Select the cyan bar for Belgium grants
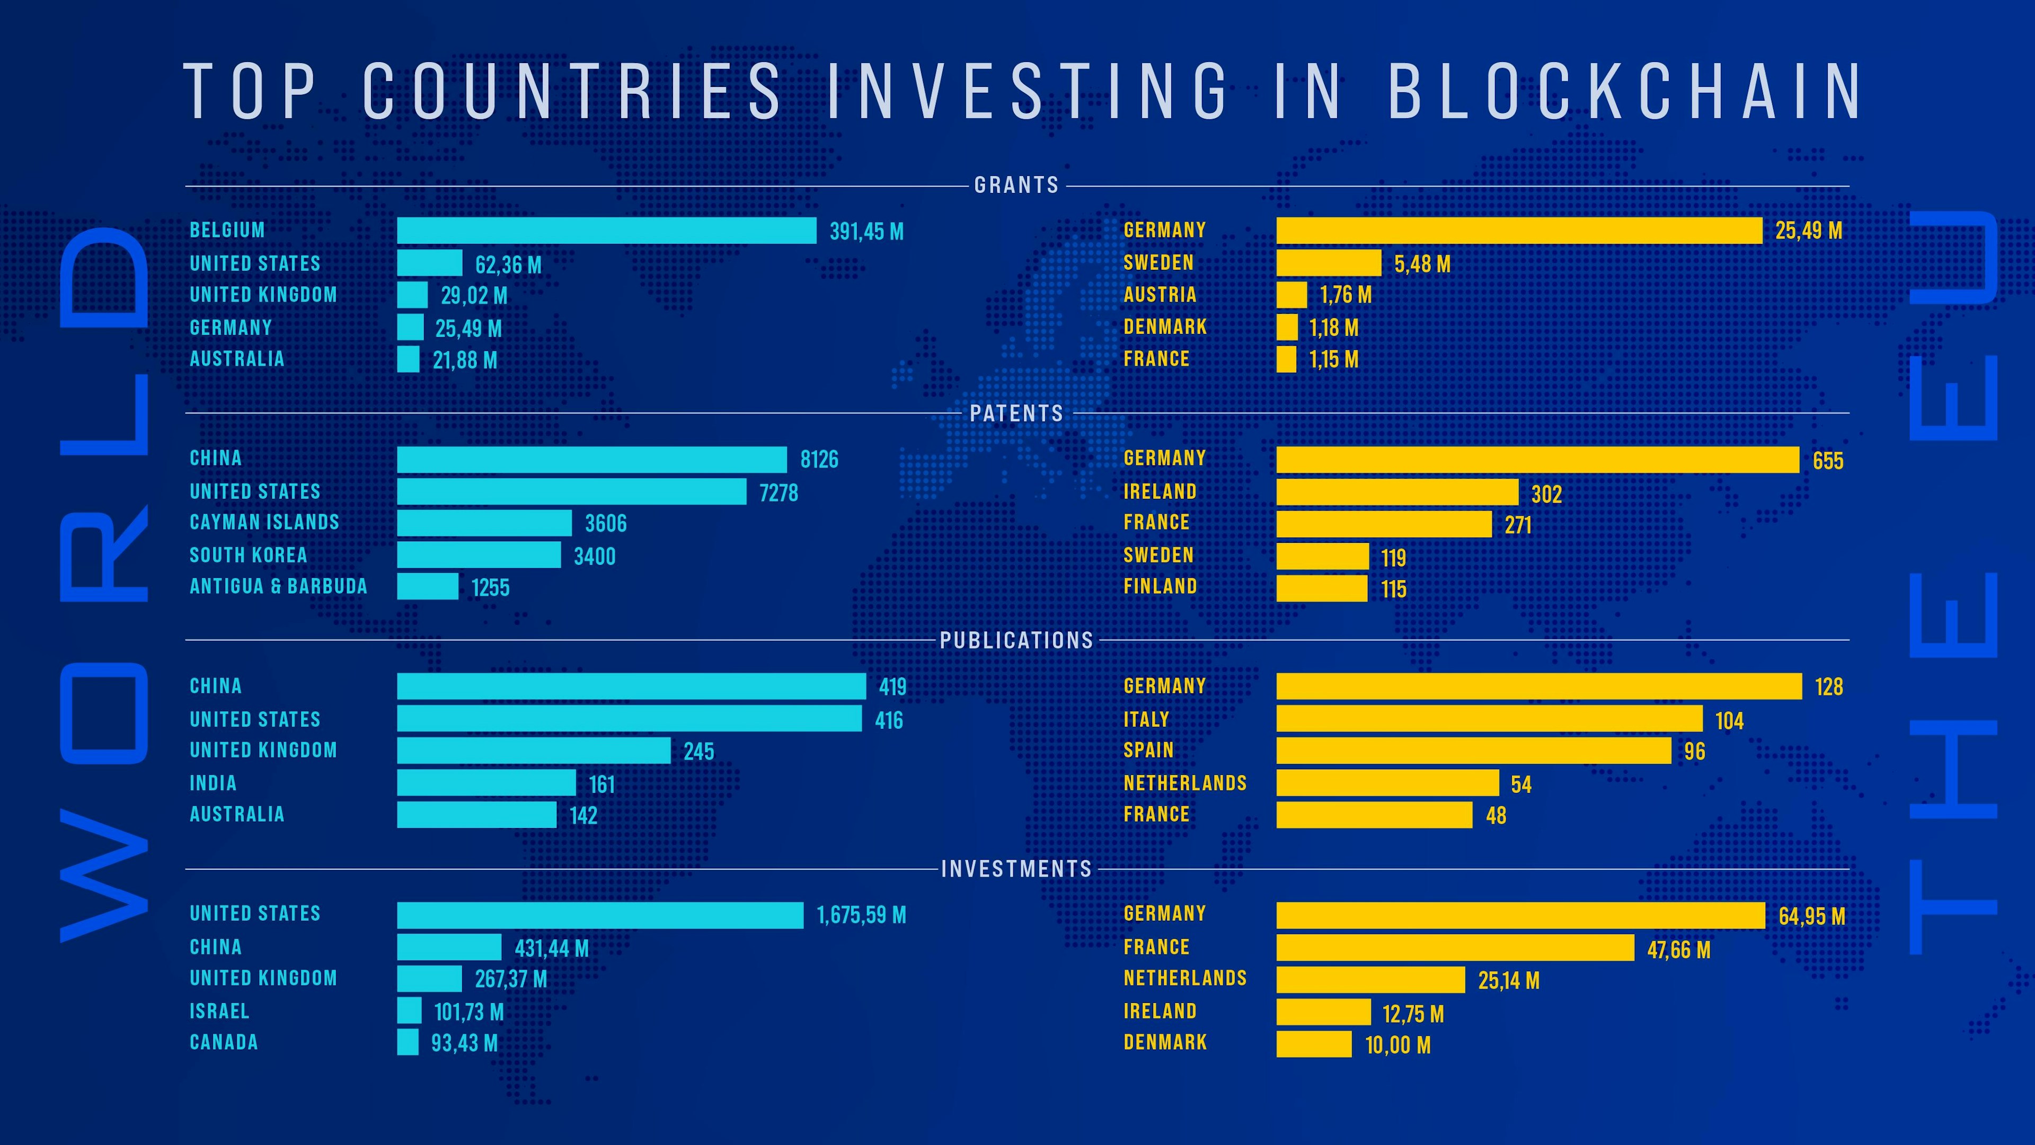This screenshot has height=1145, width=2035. coord(606,231)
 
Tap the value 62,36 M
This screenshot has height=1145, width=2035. coord(508,265)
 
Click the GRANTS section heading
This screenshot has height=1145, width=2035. coord(1016,185)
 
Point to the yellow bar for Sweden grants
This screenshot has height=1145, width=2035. coord(1328,263)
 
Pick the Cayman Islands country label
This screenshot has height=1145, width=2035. coord(264,522)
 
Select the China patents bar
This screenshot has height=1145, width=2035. coord(592,459)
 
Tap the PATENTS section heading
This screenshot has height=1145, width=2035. coord(1016,413)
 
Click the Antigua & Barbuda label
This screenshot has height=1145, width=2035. coord(278,586)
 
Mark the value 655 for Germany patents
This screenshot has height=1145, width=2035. coord(1827,461)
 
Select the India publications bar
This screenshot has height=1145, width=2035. coord(486,783)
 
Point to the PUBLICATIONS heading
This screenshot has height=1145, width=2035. coord(1016,640)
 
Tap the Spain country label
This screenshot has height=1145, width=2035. coord(1148,751)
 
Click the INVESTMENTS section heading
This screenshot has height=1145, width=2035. coord(1016,869)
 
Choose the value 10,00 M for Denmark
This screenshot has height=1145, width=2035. coord(1397,1045)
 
